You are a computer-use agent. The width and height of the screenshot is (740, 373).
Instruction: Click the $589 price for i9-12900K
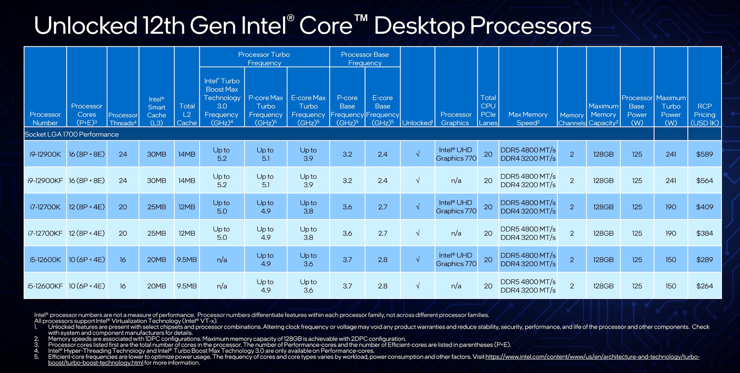click(704, 154)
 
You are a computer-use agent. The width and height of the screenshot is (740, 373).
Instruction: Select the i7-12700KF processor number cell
click(45, 233)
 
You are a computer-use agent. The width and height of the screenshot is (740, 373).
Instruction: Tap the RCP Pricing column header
click(704, 115)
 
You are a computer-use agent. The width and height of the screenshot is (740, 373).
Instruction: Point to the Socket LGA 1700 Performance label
click(72, 134)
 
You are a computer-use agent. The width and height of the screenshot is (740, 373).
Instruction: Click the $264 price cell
click(704, 286)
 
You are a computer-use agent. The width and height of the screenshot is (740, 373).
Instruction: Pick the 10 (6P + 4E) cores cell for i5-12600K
click(87, 259)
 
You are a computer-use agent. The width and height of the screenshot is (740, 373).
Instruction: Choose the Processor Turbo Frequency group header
click(264, 59)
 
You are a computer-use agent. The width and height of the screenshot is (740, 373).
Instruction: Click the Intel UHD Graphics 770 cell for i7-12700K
click(456, 207)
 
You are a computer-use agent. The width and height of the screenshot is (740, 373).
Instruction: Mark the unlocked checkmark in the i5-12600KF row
click(417, 286)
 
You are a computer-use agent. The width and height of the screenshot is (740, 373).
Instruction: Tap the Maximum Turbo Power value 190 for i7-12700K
click(671, 207)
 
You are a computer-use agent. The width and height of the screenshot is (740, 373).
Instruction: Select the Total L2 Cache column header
click(187, 115)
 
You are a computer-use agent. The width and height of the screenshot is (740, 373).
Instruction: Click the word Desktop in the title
click(420, 26)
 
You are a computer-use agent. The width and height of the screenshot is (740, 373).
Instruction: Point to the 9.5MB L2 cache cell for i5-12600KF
click(187, 286)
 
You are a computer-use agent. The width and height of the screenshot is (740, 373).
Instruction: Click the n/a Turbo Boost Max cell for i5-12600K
click(222, 259)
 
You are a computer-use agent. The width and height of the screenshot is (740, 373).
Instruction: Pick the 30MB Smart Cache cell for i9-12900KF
click(156, 180)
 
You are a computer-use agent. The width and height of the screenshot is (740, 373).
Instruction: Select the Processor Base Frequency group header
click(365, 59)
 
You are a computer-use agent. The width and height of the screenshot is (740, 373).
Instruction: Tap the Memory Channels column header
click(572, 119)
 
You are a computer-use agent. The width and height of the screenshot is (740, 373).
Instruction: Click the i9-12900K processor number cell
click(45, 154)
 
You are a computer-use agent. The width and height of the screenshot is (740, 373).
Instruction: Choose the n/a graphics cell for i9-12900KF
click(456, 180)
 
